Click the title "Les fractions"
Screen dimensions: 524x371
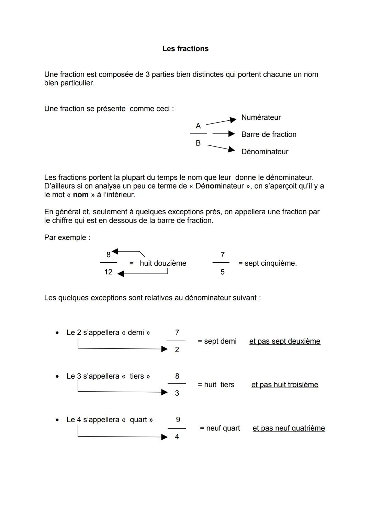click(185, 49)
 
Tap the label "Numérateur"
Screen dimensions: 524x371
click(261, 118)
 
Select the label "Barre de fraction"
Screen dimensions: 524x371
click(269, 134)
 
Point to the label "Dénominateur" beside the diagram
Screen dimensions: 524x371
click(265, 152)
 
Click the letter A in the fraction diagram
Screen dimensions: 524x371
click(198, 126)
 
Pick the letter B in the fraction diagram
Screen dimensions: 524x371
click(198, 143)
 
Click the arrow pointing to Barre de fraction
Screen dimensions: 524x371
click(223, 134)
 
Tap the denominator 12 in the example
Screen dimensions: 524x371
click(108, 272)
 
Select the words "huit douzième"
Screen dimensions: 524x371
click(163, 263)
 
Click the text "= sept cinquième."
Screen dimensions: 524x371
click(267, 263)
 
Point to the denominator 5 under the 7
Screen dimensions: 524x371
click(223, 272)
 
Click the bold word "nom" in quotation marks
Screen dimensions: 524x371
click(81, 195)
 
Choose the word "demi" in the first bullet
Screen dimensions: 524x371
click(136, 333)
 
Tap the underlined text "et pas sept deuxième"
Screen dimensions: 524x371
click(285, 341)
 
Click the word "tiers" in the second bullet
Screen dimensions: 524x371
click(137, 376)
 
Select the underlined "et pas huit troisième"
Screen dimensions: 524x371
click(285, 385)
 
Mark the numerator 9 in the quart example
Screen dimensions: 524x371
click(178, 420)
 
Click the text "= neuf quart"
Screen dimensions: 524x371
click(220, 428)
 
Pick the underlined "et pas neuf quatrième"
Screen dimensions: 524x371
click(289, 428)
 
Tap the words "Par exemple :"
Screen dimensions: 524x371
click(67, 238)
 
